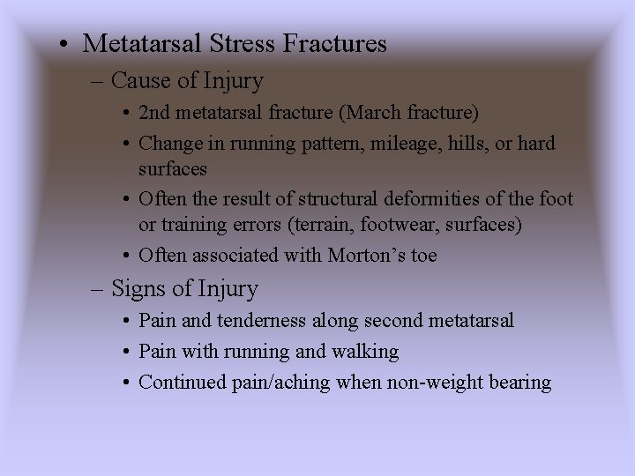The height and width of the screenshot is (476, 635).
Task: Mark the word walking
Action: [x=365, y=352]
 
